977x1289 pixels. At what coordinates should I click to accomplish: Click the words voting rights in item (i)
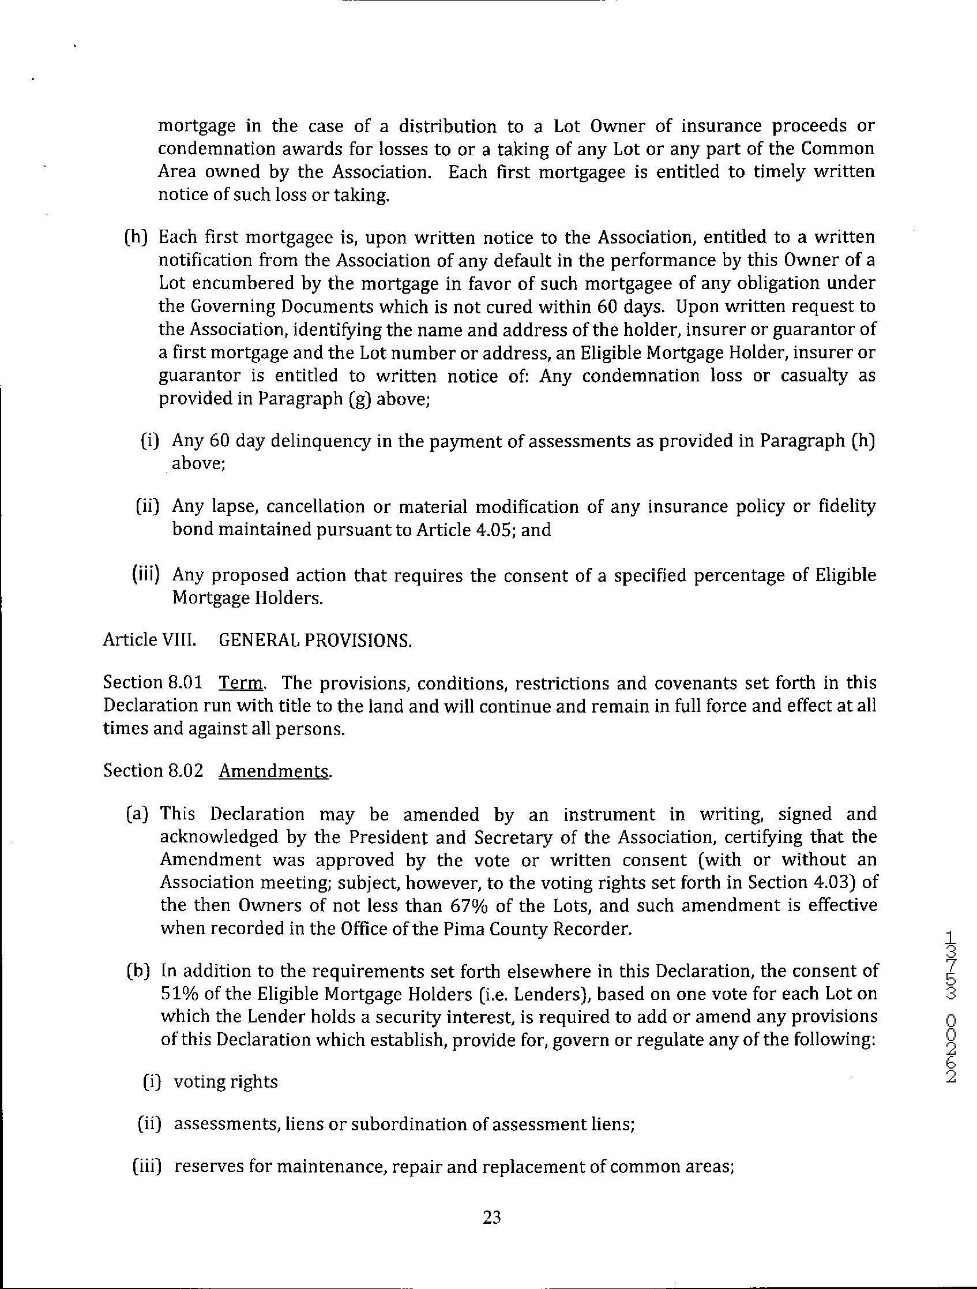coord(226,1081)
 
